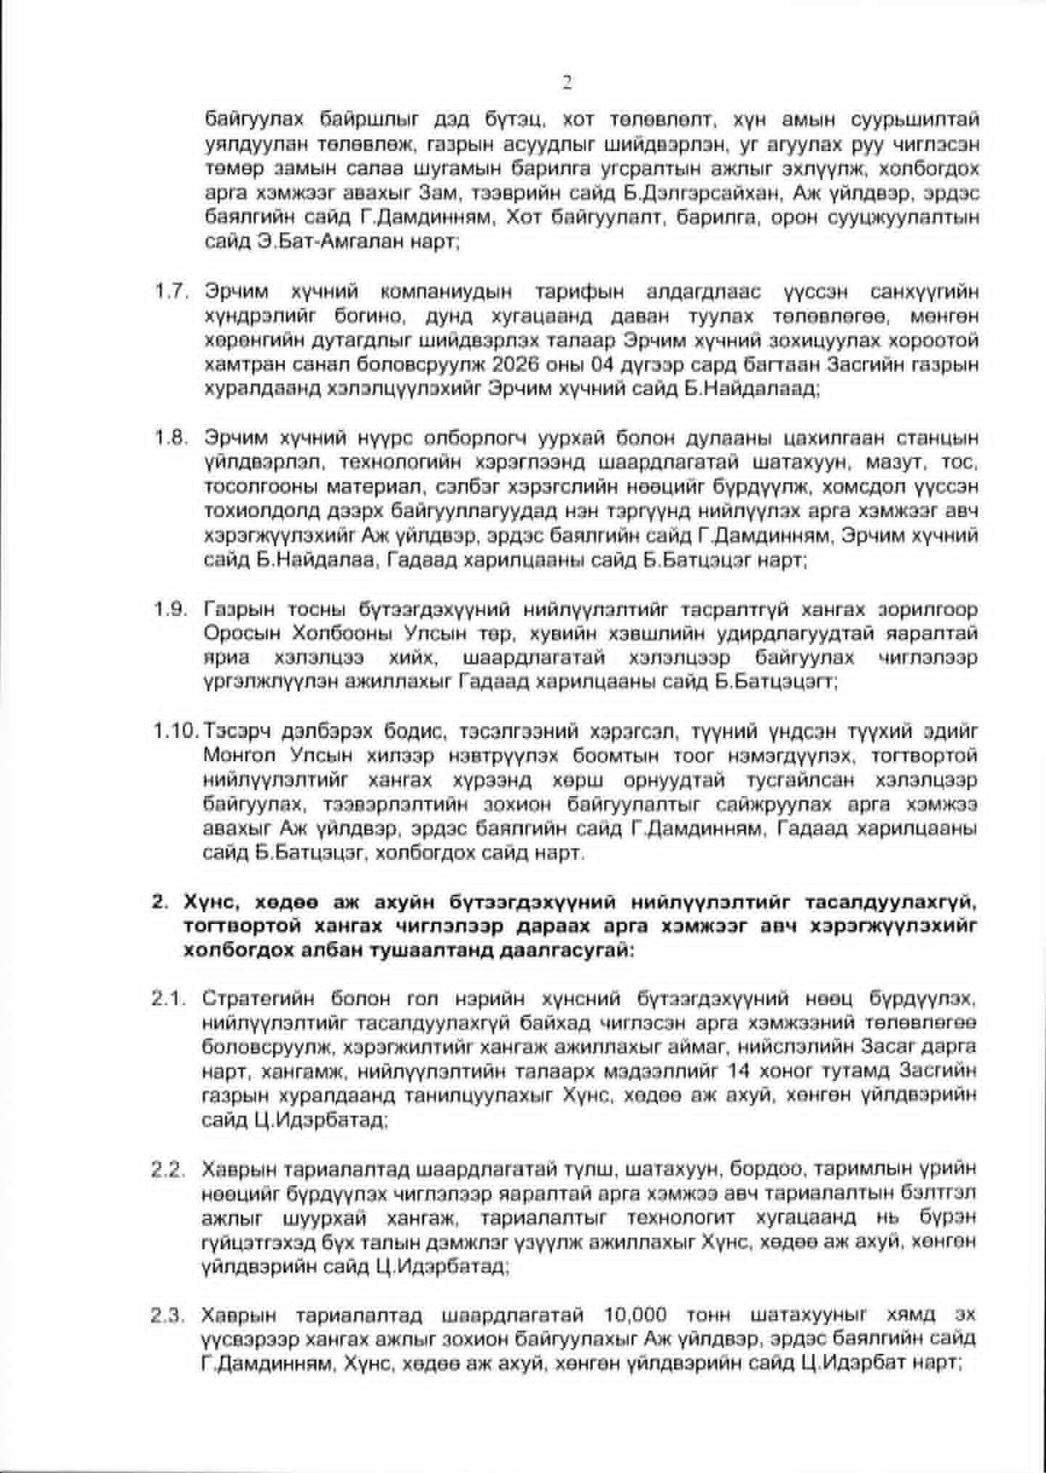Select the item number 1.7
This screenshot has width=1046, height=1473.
(x=171, y=292)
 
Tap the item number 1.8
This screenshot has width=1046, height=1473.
(x=171, y=438)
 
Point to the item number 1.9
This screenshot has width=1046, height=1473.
(x=171, y=609)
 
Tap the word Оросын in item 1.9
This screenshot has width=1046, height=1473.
(x=242, y=633)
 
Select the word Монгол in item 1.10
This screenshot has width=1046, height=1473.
(x=240, y=755)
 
